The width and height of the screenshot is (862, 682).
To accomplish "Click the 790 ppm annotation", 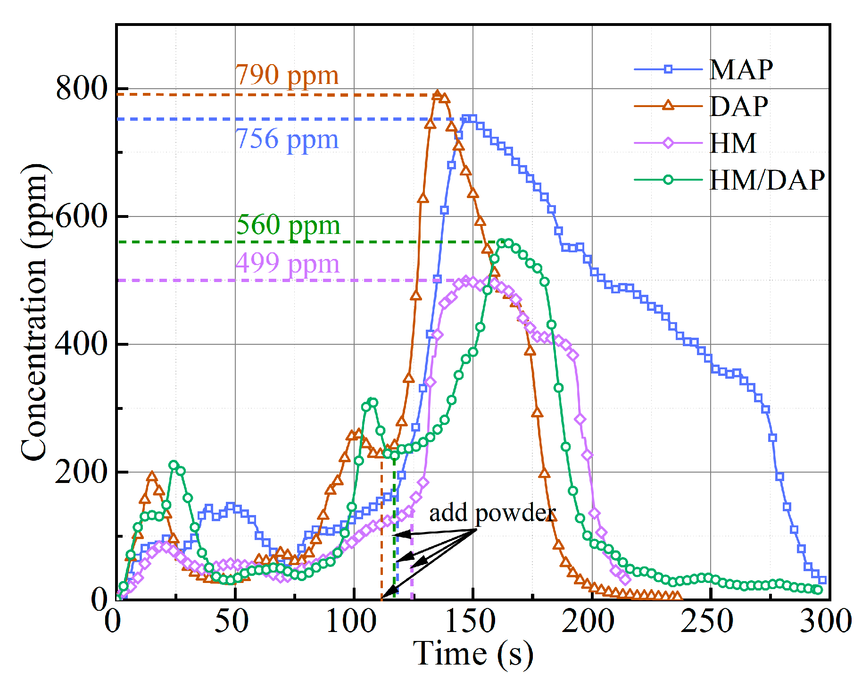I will click(x=287, y=75).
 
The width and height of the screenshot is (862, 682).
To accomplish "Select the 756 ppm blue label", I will click(x=287, y=140).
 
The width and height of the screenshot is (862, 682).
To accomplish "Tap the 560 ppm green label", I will click(x=288, y=225).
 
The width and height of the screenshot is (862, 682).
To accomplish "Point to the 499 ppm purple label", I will click(x=287, y=264).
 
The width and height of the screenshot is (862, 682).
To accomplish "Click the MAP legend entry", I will click(x=740, y=70).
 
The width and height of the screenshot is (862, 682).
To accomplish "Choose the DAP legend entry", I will click(x=738, y=107).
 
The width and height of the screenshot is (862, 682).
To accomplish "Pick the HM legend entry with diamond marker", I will click(x=732, y=143).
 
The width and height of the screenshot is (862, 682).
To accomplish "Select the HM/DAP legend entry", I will click(x=766, y=180).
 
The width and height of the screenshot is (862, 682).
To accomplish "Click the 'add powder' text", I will click(x=492, y=513).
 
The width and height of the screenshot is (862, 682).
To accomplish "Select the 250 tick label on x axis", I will click(x=707, y=622).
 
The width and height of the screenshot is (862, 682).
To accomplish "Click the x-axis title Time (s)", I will click(x=473, y=655).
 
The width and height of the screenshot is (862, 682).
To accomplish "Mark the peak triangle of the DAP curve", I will click(x=438, y=95).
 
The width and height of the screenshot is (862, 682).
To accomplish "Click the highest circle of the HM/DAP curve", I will click(x=502, y=243).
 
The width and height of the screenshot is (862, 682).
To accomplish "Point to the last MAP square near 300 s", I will click(x=822, y=580).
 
